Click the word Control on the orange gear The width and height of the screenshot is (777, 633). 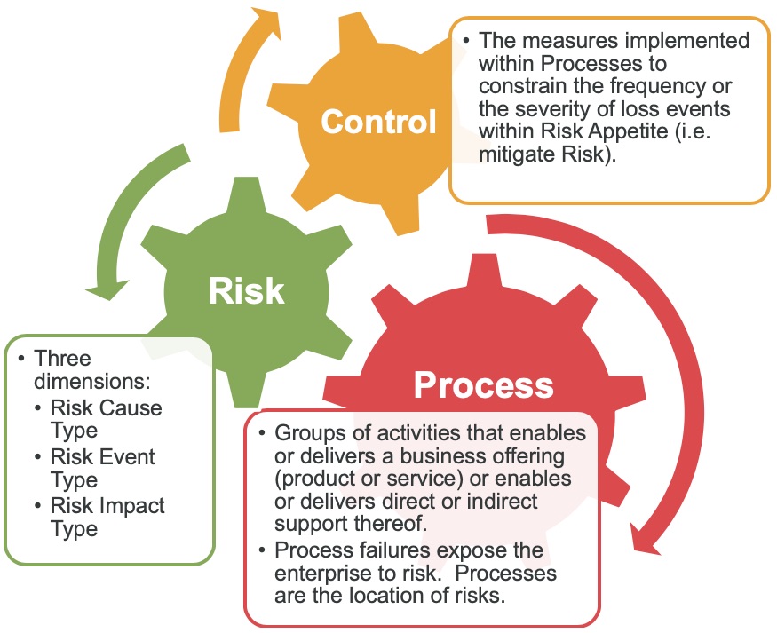(x=379, y=122)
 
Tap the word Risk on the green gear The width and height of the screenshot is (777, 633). (x=246, y=290)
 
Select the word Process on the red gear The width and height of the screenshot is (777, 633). (x=484, y=385)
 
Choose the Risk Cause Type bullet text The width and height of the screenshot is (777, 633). (x=106, y=419)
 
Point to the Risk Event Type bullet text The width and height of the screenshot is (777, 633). (x=102, y=468)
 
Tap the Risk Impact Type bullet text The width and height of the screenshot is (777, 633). (x=107, y=517)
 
